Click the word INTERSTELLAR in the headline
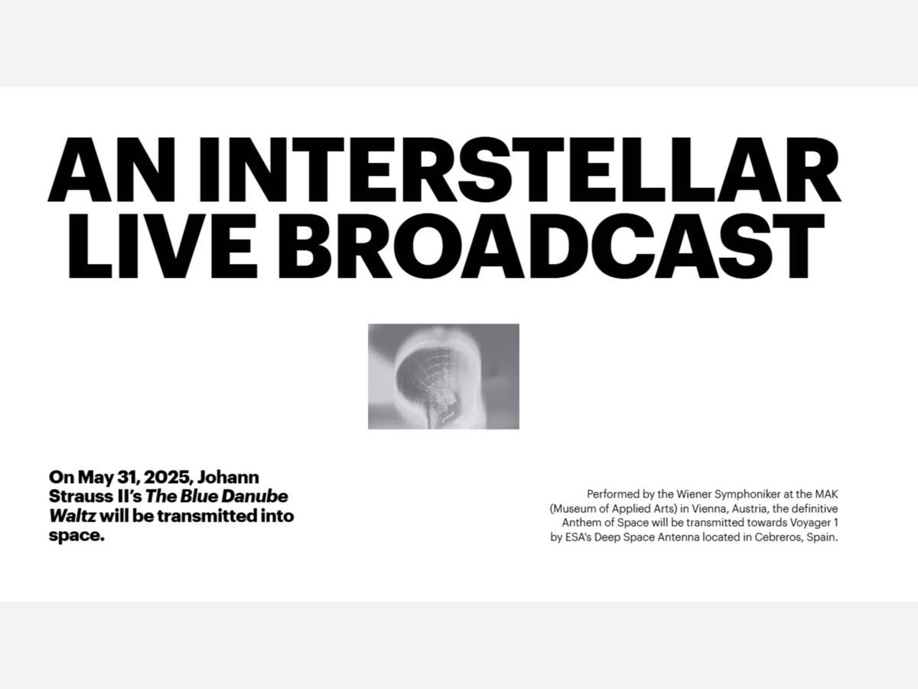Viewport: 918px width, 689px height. [519, 169]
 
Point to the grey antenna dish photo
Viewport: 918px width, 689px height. [443, 377]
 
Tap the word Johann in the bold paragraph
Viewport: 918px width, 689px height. [228, 477]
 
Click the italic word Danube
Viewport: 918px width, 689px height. [254, 497]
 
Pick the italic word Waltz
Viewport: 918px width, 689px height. [73, 516]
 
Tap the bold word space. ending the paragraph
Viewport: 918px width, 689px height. [76, 537]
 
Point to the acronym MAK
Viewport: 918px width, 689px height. [826, 495]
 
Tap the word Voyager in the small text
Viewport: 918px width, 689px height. [809, 524]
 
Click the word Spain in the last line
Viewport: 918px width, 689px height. [822, 538]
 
